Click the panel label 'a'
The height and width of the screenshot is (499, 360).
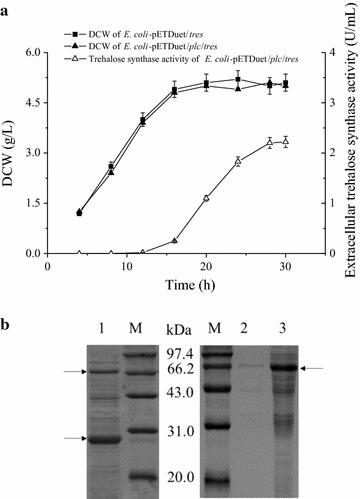point(8,9)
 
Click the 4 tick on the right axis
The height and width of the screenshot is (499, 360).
point(315,52)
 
